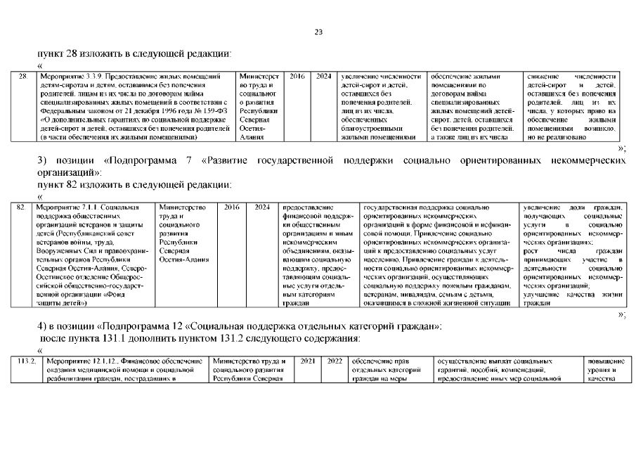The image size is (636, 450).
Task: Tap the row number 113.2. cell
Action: (26, 361)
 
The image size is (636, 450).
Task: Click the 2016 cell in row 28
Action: (297, 76)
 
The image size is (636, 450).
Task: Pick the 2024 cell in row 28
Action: (323, 76)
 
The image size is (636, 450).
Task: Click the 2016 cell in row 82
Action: (233, 207)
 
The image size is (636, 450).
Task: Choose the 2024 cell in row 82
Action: (262, 207)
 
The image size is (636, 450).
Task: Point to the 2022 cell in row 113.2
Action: (334, 361)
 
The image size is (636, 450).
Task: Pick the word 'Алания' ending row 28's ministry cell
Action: (252, 137)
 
